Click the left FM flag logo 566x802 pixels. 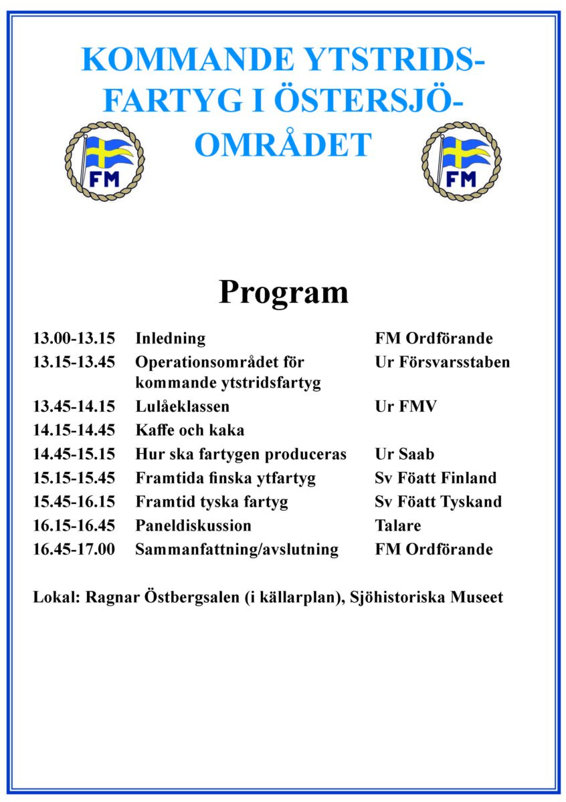(x=104, y=162)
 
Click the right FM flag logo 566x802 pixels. (x=461, y=162)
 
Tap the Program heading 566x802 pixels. (x=283, y=292)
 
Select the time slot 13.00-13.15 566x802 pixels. (x=74, y=338)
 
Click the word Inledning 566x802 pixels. (x=170, y=338)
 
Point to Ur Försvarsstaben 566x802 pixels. (x=442, y=362)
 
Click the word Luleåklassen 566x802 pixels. (x=182, y=406)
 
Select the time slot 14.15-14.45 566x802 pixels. (x=74, y=430)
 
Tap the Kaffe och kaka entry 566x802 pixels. (x=189, y=430)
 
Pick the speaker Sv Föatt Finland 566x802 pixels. (x=436, y=479)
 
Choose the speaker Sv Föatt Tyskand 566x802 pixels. (x=438, y=502)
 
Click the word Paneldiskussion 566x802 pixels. (x=193, y=526)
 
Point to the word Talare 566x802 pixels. (x=398, y=526)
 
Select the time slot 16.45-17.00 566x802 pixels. (x=74, y=549)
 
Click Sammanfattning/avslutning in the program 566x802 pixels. (x=236, y=549)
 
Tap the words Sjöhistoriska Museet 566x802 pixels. (x=426, y=597)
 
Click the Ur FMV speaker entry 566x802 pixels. (x=405, y=406)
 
